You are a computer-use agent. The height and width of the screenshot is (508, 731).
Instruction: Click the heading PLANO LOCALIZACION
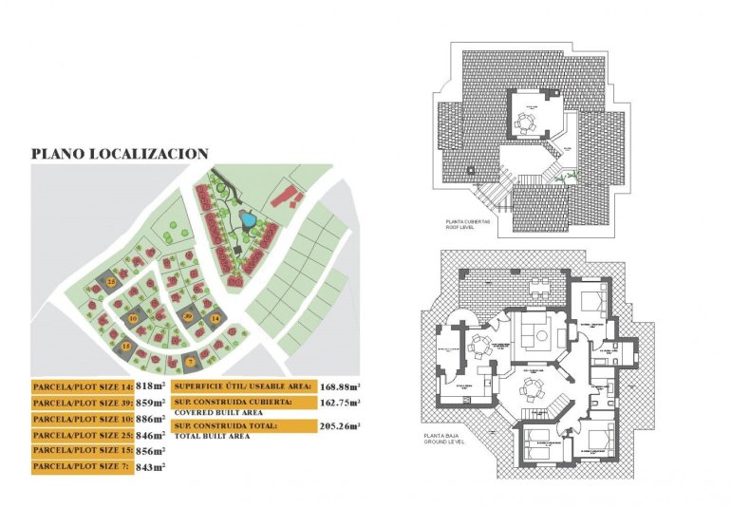click(x=120, y=153)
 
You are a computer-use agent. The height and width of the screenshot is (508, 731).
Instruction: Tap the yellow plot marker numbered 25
click(x=110, y=282)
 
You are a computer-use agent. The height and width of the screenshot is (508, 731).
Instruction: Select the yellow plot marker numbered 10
click(x=133, y=319)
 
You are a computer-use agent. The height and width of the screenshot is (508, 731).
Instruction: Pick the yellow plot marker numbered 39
click(x=188, y=315)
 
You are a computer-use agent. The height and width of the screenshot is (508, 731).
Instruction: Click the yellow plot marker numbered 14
click(x=216, y=318)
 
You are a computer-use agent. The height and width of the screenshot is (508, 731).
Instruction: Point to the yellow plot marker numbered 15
click(x=125, y=347)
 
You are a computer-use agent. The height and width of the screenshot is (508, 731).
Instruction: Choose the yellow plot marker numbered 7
click(x=190, y=361)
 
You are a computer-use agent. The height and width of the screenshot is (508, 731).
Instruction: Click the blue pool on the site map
click(x=247, y=221)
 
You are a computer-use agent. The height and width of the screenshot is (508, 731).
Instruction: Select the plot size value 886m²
click(x=151, y=419)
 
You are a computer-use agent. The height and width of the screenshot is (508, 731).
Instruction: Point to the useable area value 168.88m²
click(x=342, y=386)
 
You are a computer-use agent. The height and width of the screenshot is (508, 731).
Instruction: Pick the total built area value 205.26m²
click(x=342, y=426)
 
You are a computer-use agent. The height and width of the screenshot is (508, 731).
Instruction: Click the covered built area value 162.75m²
click(x=342, y=402)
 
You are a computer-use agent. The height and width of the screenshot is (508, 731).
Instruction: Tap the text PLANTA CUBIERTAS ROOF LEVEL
click(x=467, y=224)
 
